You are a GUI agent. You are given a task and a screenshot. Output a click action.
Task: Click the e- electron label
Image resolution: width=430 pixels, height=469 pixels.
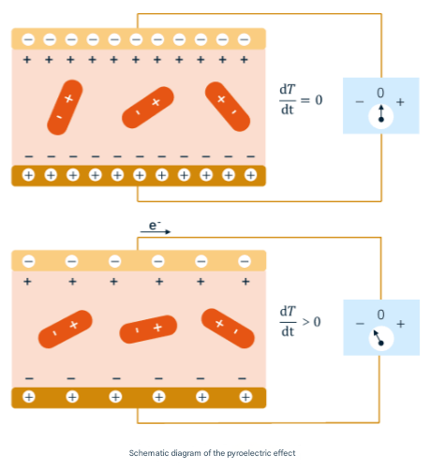point(155,225)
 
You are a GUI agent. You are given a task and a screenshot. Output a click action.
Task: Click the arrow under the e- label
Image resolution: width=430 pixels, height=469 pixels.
point(156,231)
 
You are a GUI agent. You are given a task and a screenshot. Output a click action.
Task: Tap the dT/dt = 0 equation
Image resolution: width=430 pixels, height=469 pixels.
point(301,100)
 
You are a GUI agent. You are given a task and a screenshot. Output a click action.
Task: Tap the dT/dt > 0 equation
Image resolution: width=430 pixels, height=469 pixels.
point(301,321)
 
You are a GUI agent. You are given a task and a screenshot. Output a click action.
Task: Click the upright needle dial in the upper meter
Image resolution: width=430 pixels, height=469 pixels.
point(381,116)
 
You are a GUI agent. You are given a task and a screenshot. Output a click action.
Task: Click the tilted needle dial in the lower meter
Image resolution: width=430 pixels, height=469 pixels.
point(381,339)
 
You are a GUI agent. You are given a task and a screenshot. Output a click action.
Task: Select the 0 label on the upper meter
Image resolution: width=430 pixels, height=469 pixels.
point(380,93)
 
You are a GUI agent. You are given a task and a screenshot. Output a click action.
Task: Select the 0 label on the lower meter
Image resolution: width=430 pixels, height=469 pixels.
point(380,315)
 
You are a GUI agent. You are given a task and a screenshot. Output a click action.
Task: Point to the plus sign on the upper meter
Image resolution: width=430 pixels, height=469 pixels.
point(400,102)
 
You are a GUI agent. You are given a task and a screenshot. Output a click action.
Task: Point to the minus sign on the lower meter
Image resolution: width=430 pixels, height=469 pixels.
point(360,324)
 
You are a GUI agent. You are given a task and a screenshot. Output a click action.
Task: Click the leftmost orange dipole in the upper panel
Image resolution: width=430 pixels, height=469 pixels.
point(65,108)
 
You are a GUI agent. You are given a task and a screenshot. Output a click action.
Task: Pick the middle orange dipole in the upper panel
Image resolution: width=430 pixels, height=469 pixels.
point(148,108)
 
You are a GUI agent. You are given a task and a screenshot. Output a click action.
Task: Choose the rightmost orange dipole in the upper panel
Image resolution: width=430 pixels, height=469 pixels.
point(228,107)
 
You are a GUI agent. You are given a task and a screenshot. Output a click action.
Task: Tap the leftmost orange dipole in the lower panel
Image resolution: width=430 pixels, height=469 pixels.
point(66,330)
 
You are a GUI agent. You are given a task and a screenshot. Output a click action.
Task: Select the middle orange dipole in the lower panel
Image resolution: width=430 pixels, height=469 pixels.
point(148,330)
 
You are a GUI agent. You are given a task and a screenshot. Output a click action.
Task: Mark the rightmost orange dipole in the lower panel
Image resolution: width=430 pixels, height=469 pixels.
point(228,329)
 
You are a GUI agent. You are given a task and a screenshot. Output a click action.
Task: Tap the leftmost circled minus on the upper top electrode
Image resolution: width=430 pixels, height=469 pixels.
point(28,39)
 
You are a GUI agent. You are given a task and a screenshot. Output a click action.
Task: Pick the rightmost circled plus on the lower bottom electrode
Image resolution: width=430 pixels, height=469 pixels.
point(245,397)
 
